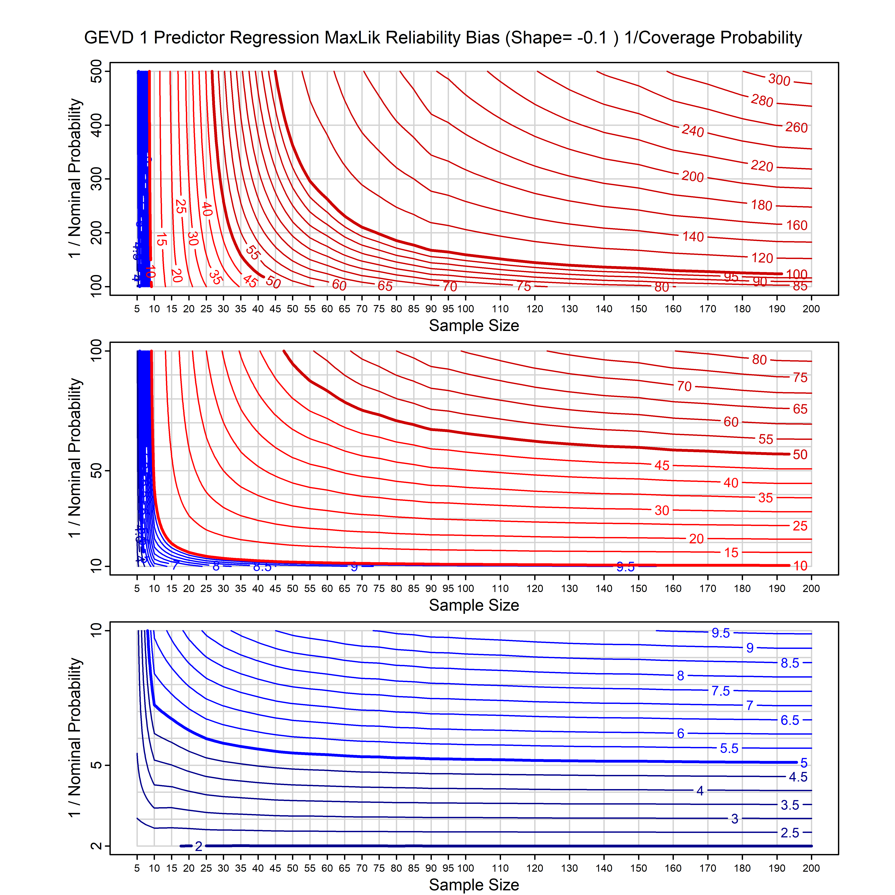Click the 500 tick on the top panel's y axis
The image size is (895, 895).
[96, 71]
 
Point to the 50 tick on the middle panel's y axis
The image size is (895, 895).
[96, 471]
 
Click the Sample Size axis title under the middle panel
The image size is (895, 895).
[474, 605]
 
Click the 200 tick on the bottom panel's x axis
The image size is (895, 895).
[811, 868]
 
